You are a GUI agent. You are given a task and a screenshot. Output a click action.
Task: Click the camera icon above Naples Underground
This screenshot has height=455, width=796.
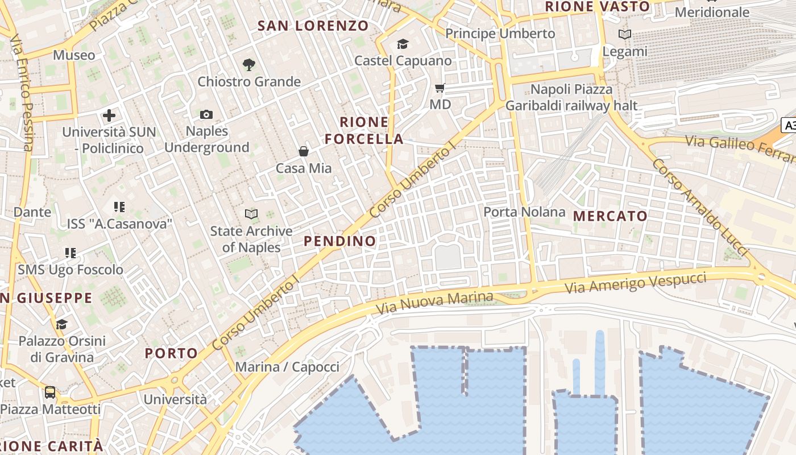tap(206, 115)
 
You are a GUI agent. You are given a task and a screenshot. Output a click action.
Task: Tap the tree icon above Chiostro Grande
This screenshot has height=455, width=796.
tap(248, 64)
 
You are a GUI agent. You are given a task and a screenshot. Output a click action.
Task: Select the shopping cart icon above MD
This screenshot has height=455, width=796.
tap(440, 88)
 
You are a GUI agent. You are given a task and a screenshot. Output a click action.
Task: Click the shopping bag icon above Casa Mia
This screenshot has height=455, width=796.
tap(304, 151)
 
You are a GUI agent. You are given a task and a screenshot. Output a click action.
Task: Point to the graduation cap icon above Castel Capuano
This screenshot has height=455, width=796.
tap(403, 44)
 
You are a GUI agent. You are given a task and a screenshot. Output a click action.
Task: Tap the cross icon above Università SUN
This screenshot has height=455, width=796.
tap(109, 116)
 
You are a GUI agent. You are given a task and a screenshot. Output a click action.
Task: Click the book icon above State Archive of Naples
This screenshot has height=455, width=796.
tap(251, 214)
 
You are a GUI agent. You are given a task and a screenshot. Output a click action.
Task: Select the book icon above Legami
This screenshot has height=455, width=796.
tap(625, 35)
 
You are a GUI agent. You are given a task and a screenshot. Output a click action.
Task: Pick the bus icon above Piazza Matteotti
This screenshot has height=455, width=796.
tap(50, 392)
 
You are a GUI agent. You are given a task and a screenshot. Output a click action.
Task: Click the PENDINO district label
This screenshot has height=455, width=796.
tap(339, 241)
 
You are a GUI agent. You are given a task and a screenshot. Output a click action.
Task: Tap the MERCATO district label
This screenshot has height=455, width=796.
tap(610, 216)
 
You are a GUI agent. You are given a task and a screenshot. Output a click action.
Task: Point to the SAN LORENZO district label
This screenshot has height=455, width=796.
tap(313, 26)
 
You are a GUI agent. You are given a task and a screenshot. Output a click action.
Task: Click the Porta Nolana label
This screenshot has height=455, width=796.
tap(524, 212)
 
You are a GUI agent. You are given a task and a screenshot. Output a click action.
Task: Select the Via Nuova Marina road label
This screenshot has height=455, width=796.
tap(435, 303)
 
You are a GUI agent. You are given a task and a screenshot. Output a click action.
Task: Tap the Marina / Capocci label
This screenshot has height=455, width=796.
tap(287, 367)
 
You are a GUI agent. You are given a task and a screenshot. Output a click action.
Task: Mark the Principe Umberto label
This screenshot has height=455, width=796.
tap(500, 34)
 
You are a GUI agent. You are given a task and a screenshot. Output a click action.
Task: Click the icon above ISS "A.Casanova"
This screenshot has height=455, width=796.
tap(119, 207)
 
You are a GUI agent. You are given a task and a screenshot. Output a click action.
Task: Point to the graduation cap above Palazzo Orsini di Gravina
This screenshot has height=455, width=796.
tap(61, 324)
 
